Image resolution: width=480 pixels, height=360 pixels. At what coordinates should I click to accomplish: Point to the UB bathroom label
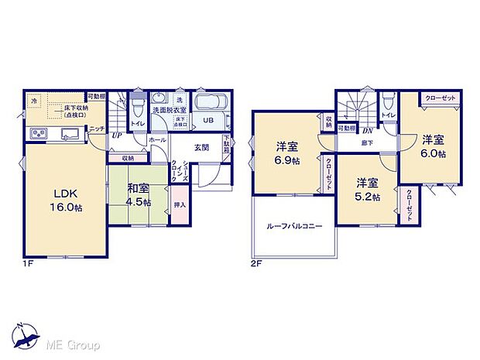pos(208,121)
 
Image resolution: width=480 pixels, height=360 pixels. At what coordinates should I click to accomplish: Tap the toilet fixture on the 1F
pos(138,104)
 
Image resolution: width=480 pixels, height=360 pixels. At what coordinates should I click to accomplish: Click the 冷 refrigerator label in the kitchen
pos(34,100)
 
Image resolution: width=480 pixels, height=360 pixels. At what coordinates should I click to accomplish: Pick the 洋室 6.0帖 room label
pos(434,146)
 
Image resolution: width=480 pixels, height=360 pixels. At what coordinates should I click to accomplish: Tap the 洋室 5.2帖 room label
pos(368,190)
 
